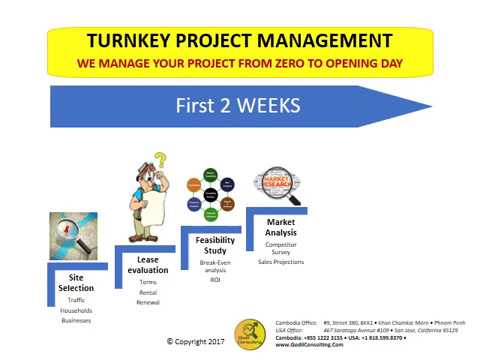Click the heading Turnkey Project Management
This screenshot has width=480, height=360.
[x=240, y=42]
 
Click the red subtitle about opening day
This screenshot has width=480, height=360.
[x=240, y=63]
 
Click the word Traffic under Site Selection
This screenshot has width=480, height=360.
[x=77, y=300]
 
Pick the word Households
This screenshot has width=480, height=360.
[x=77, y=310]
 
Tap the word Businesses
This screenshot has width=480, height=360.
[x=77, y=321]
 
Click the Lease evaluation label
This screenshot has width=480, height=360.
[x=147, y=264]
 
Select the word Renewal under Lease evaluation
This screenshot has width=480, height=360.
[x=147, y=301]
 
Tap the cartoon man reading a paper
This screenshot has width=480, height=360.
[x=149, y=196]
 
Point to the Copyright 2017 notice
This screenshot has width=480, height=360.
[x=196, y=341]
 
